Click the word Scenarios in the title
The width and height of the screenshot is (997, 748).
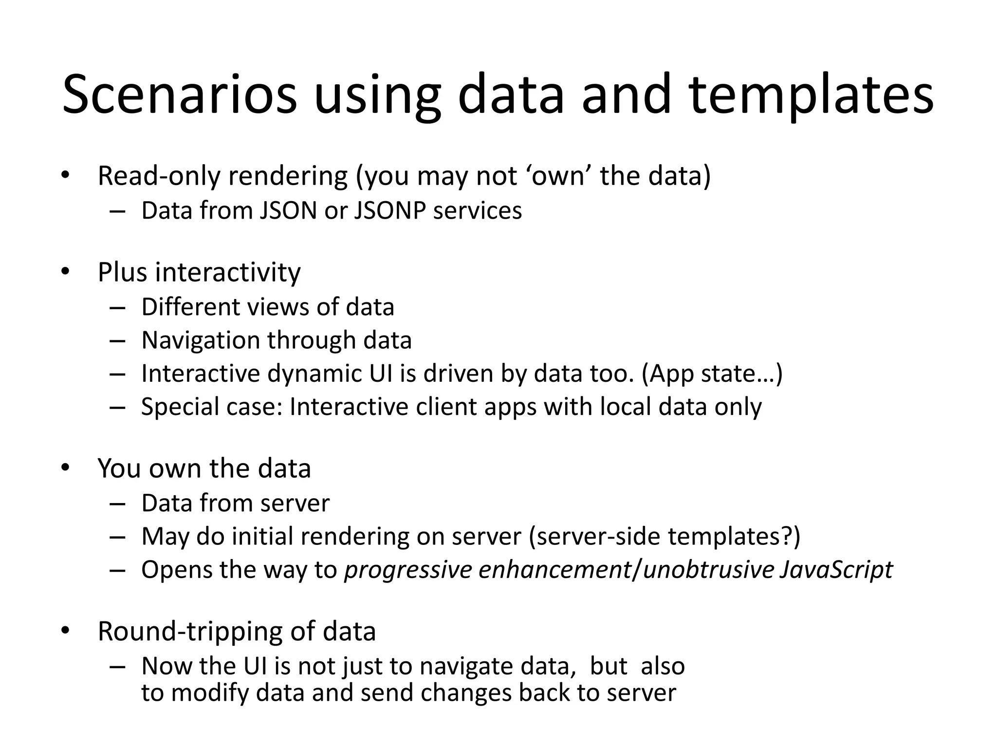click(x=179, y=94)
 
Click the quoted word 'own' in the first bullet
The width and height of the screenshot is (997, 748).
click(x=558, y=176)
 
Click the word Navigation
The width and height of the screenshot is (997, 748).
click(x=200, y=340)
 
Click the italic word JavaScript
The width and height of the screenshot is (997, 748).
click(x=836, y=569)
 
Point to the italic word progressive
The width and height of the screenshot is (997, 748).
click(x=408, y=569)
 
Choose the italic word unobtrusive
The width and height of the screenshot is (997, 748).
click(x=708, y=569)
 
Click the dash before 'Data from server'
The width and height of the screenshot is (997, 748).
click(x=117, y=504)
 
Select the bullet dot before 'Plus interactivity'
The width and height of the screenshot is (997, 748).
click(x=65, y=272)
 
